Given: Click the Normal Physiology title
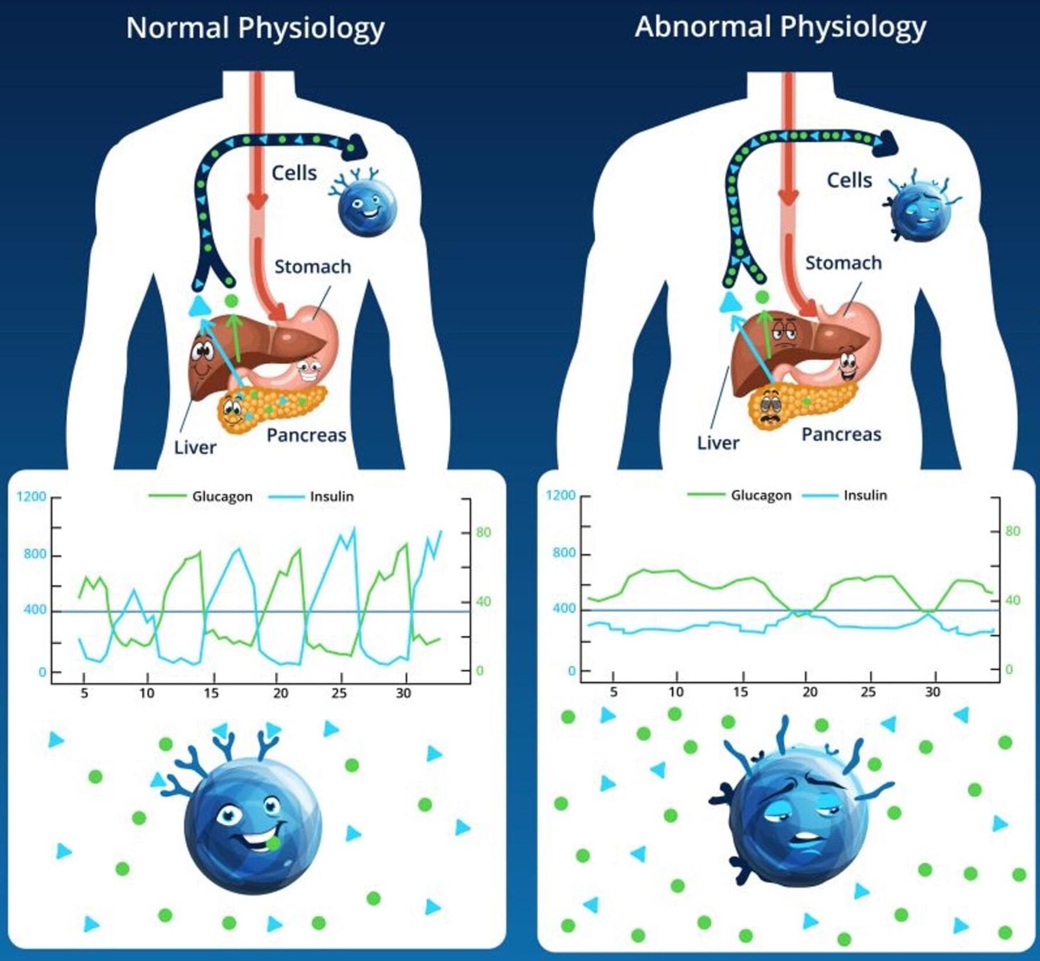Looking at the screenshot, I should (x=255, y=28).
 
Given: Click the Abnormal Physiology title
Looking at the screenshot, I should (x=781, y=27).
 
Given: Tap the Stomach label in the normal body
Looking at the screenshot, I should (x=313, y=266).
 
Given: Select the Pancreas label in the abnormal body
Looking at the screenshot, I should (x=841, y=434).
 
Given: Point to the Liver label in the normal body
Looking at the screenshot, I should (x=195, y=447).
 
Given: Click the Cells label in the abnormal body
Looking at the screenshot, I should (x=849, y=180).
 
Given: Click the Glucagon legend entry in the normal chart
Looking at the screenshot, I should (x=222, y=497).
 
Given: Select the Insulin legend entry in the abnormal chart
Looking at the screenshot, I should (x=865, y=495).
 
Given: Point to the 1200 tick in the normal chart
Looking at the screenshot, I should (x=32, y=497).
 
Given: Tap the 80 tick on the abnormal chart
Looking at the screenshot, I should (x=1013, y=531).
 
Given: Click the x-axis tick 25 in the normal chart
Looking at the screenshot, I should (x=339, y=693).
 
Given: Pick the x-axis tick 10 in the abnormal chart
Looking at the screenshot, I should (x=676, y=692).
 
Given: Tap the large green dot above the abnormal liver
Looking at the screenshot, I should (x=762, y=297).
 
